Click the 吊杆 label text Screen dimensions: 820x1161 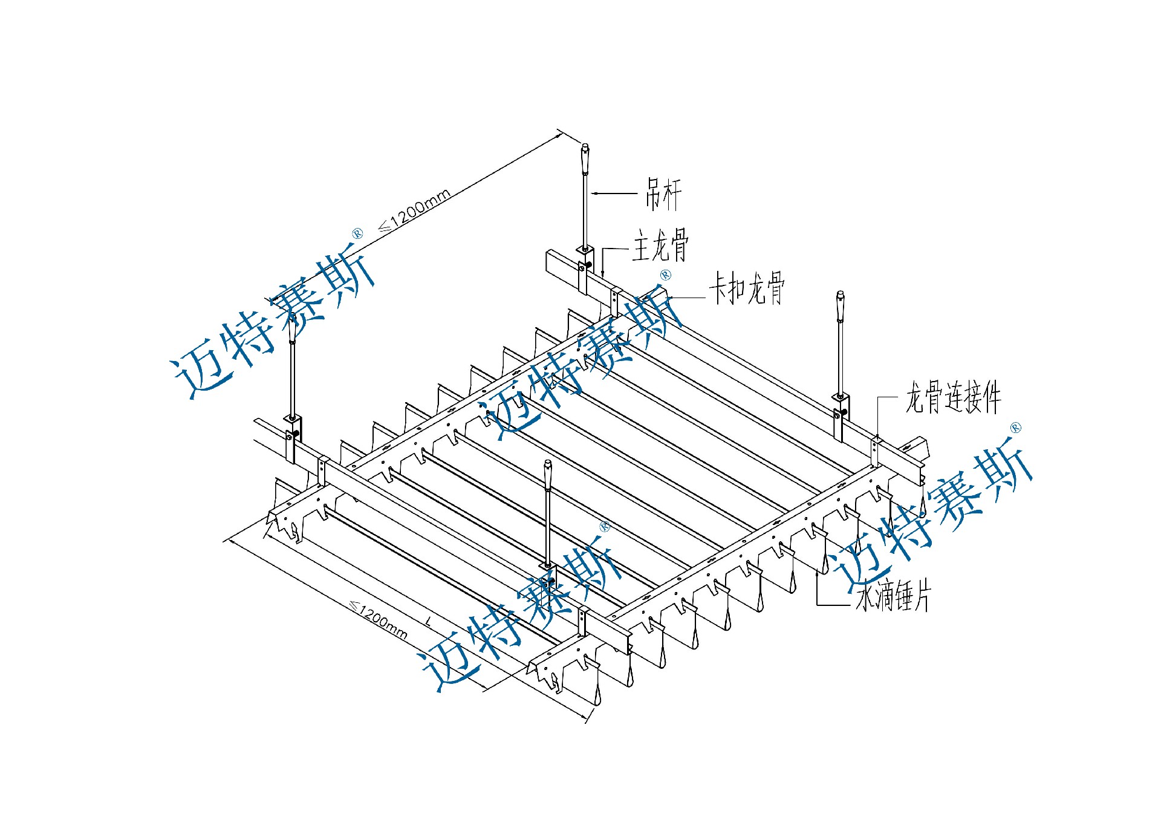[663, 194]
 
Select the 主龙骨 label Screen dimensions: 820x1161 [660, 245]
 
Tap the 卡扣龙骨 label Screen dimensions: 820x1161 [747, 288]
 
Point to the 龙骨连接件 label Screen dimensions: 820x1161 [953, 397]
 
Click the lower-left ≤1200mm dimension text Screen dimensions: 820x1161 [379, 619]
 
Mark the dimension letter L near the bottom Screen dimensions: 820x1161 [429, 621]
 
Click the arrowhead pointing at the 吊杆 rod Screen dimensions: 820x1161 [594, 194]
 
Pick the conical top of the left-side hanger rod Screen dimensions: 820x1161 [291, 329]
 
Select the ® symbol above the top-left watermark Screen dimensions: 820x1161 [357, 233]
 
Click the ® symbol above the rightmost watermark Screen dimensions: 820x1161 [1015, 428]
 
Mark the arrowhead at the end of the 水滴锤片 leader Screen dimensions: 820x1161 [818, 573]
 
